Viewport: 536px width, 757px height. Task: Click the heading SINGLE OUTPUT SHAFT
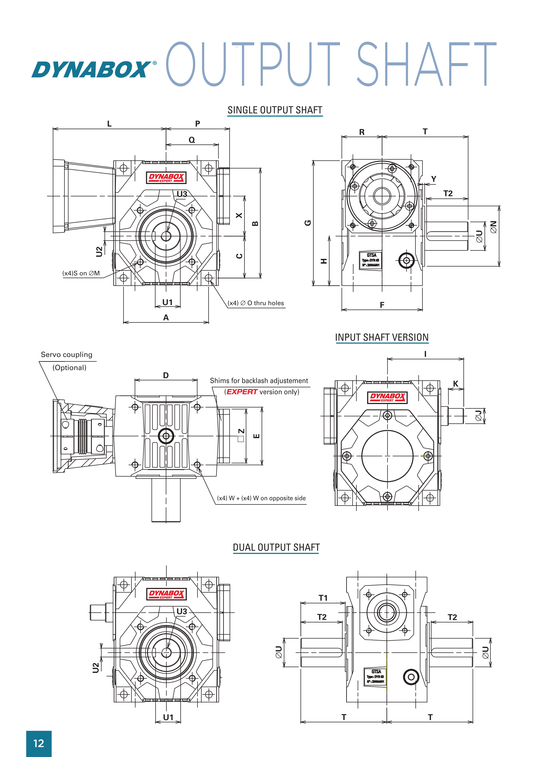pos(275,110)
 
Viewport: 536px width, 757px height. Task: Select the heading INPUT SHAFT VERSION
pos(382,337)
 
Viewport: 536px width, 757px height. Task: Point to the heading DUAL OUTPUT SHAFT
pos(276,547)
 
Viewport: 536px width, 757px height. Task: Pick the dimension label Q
pos(192,140)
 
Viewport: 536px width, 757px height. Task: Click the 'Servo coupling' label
pos(66,354)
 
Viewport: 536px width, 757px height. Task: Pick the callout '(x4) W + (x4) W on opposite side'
pos(261,498)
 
